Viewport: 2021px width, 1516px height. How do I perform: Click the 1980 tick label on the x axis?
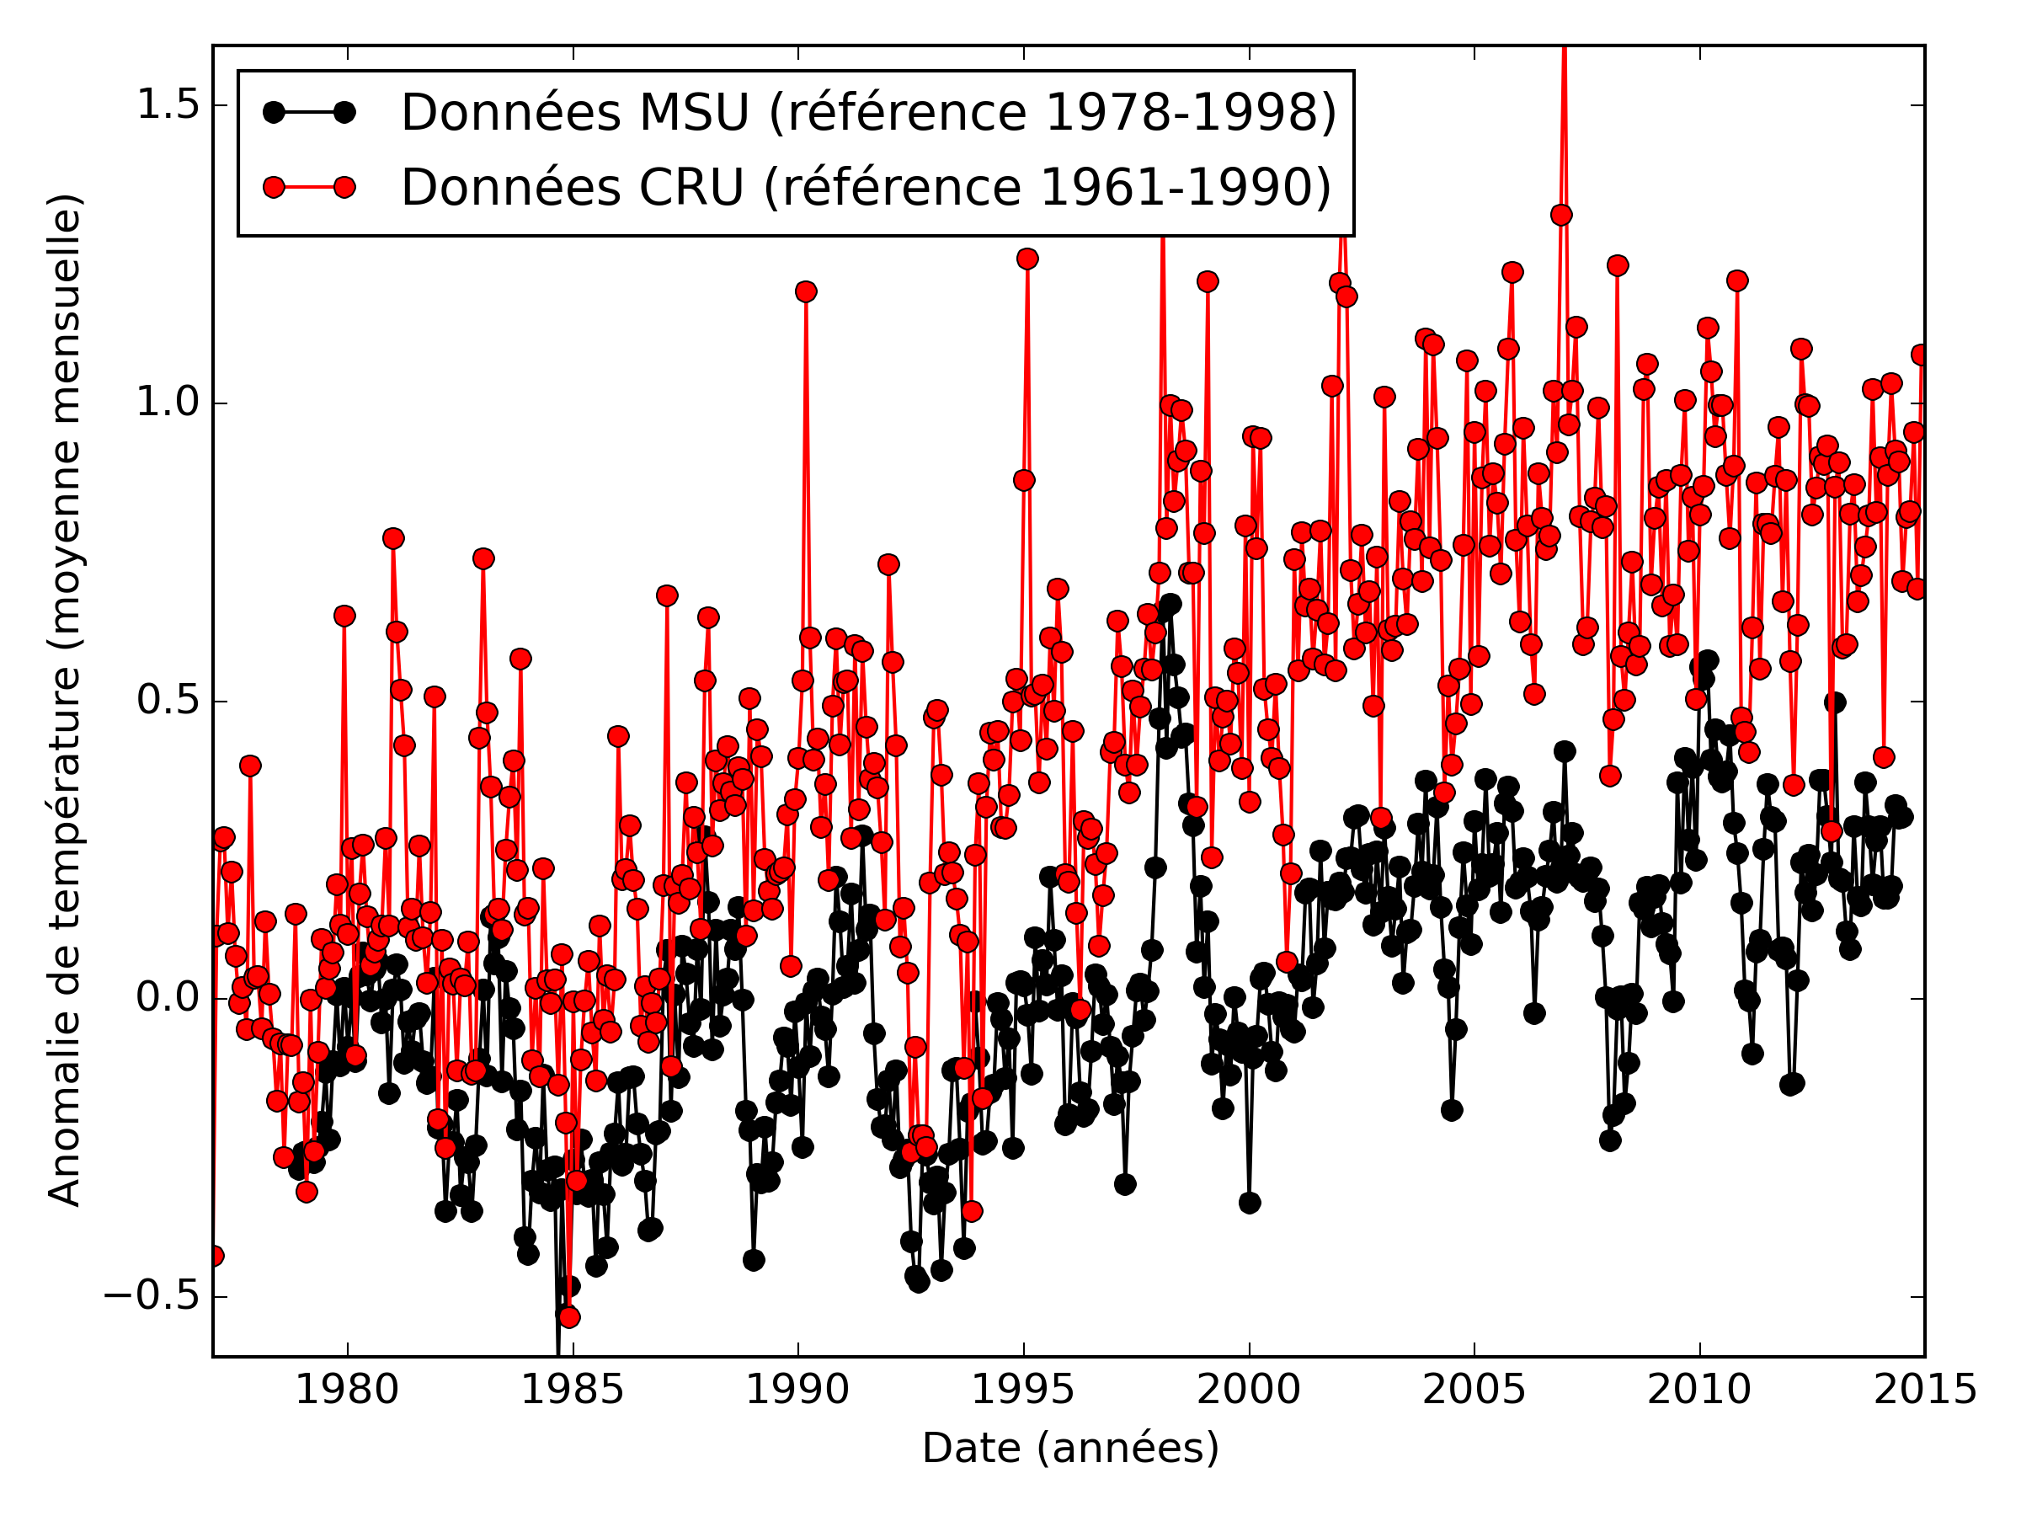tap(347, 1390)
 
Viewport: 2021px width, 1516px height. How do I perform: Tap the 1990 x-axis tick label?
tap(797, 1390)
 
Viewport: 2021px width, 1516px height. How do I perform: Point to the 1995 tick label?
tap(1023, 1390)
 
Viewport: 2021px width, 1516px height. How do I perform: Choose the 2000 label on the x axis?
tap(1249, 1390)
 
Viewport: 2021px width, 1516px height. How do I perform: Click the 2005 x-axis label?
tap(1474, 1390)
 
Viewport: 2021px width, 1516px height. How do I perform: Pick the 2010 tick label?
tap(1699, 1390)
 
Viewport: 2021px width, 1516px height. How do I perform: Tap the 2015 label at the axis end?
tap(1925, 1390)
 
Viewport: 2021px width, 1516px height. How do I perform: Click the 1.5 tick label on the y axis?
tap(168, 105)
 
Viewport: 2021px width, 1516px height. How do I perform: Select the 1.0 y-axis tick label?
tap(168, 403)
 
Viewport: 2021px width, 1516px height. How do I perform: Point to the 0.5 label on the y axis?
tap(168, 701)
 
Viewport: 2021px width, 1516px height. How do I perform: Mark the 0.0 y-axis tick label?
tap(168, 998)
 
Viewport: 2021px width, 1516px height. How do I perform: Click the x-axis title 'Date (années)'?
tap(1070, 1449)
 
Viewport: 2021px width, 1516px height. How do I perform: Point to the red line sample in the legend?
tap(309, 187)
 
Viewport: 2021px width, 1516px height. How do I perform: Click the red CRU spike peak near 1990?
tap(806, 291)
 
